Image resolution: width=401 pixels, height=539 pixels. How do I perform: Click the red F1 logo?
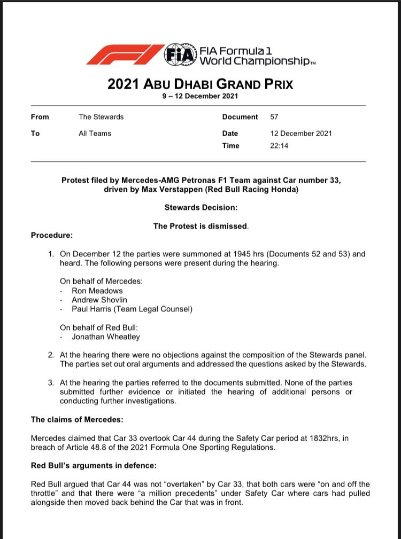pyautogui.click(x=125, y=55)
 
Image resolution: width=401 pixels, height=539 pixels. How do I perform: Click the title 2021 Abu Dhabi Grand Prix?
pyautogui.click(x=200, y=84)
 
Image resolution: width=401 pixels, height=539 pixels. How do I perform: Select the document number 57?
pyautogui.click(x=275, y=117)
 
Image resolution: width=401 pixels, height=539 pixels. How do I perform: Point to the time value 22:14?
pyautogui.click(x=280, y=145)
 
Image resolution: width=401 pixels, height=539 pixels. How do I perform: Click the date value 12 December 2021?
pyautogui.click(x=301, y=133)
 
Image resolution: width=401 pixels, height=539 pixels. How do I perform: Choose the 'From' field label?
pyautogui.click(x=40, y=117)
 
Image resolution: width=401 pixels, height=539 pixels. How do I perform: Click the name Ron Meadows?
pyautogui.click(x=97, y=291)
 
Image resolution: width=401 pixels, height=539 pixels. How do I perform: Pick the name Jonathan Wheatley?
pyautogui.click(x=105, y=337)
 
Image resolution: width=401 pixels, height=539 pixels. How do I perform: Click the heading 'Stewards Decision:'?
pyautogui.click(x=200, y=206)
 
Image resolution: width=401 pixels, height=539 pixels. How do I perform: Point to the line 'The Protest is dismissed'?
pyautogui.click(x=200, y=226)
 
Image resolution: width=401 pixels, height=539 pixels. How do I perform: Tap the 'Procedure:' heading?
pyautogui.click(x=52, y=235)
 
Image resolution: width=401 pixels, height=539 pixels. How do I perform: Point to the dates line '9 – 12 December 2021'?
pyautogui.click(x=200, y=97)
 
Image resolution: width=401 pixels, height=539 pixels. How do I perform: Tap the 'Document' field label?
pyautogui.click(x=240, y=117)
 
